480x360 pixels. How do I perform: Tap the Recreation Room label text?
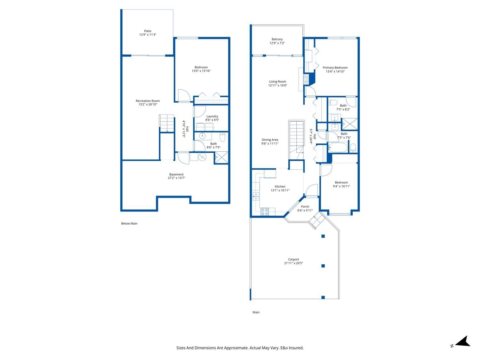coord(148,101)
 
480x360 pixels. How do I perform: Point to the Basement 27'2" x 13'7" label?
coord(176,176)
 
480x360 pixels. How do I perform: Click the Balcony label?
coord(277,39)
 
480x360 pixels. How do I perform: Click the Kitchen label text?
coord(280,187)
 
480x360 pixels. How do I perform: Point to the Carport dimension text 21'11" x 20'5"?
coord(293,263)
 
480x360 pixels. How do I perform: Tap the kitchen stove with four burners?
coord(265,212)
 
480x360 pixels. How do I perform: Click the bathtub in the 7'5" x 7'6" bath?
coord(337,148)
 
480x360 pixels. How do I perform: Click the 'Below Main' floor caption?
coord(129,223)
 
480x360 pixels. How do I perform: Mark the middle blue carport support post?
coord(323,266)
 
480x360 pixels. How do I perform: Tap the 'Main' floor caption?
coord(256,312)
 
